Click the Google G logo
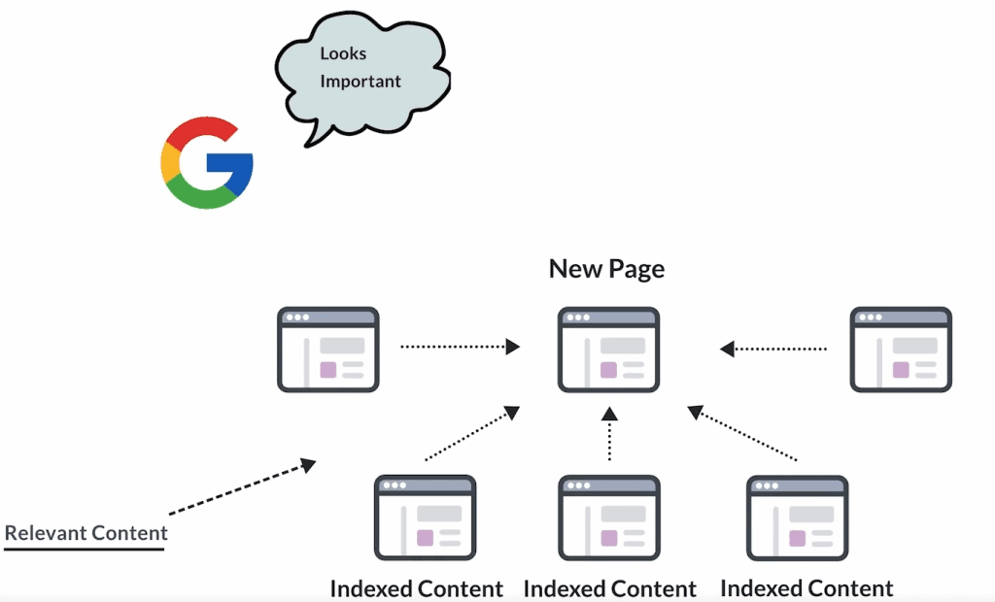[x=207, y=163]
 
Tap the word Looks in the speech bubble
[x=343, y=53]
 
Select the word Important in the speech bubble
[x=360, y=81]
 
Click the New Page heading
[x=606, y=268]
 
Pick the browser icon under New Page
[x=608, y=350]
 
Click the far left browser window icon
[x=327, y=350]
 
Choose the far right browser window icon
[x=901, y=350]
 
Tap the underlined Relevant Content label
[x=86, y=533]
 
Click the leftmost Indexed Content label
[x=416, y=588]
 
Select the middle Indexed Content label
[x=609, y=588]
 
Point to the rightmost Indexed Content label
[x=806, y=588]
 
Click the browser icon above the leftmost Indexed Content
[x=425, y=518]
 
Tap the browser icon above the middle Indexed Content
[x=609, y=518]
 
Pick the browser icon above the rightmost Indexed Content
[x=797, y=518]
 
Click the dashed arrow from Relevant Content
[x=242, y=487]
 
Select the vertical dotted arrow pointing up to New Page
[x=609, y=433]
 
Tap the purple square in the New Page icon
[x=608, y=370]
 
